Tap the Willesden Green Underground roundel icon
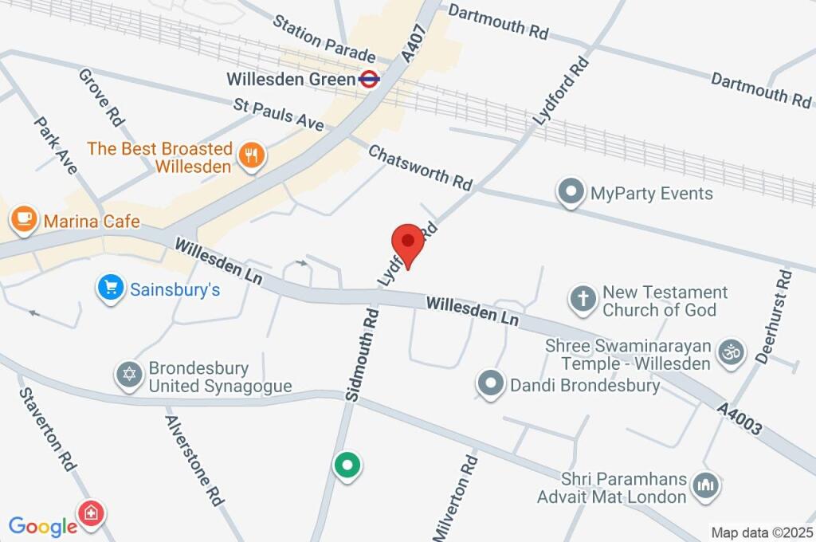pos(369,79)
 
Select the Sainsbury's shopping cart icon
pos(108,289)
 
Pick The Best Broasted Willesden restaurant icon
pos(253,157)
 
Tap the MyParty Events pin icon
pos(570,193)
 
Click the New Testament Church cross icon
pos(583,300)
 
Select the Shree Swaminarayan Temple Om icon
pos(731,352)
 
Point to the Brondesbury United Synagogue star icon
pos(129,375)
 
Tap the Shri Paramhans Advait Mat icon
pos(706,485)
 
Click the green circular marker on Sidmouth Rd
pos(347,465)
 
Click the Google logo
pos(42,526)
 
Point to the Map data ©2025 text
pos(762,532)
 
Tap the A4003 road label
pos(740,420)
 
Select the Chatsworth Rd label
pos(420,167)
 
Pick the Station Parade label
pos(324,37)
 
